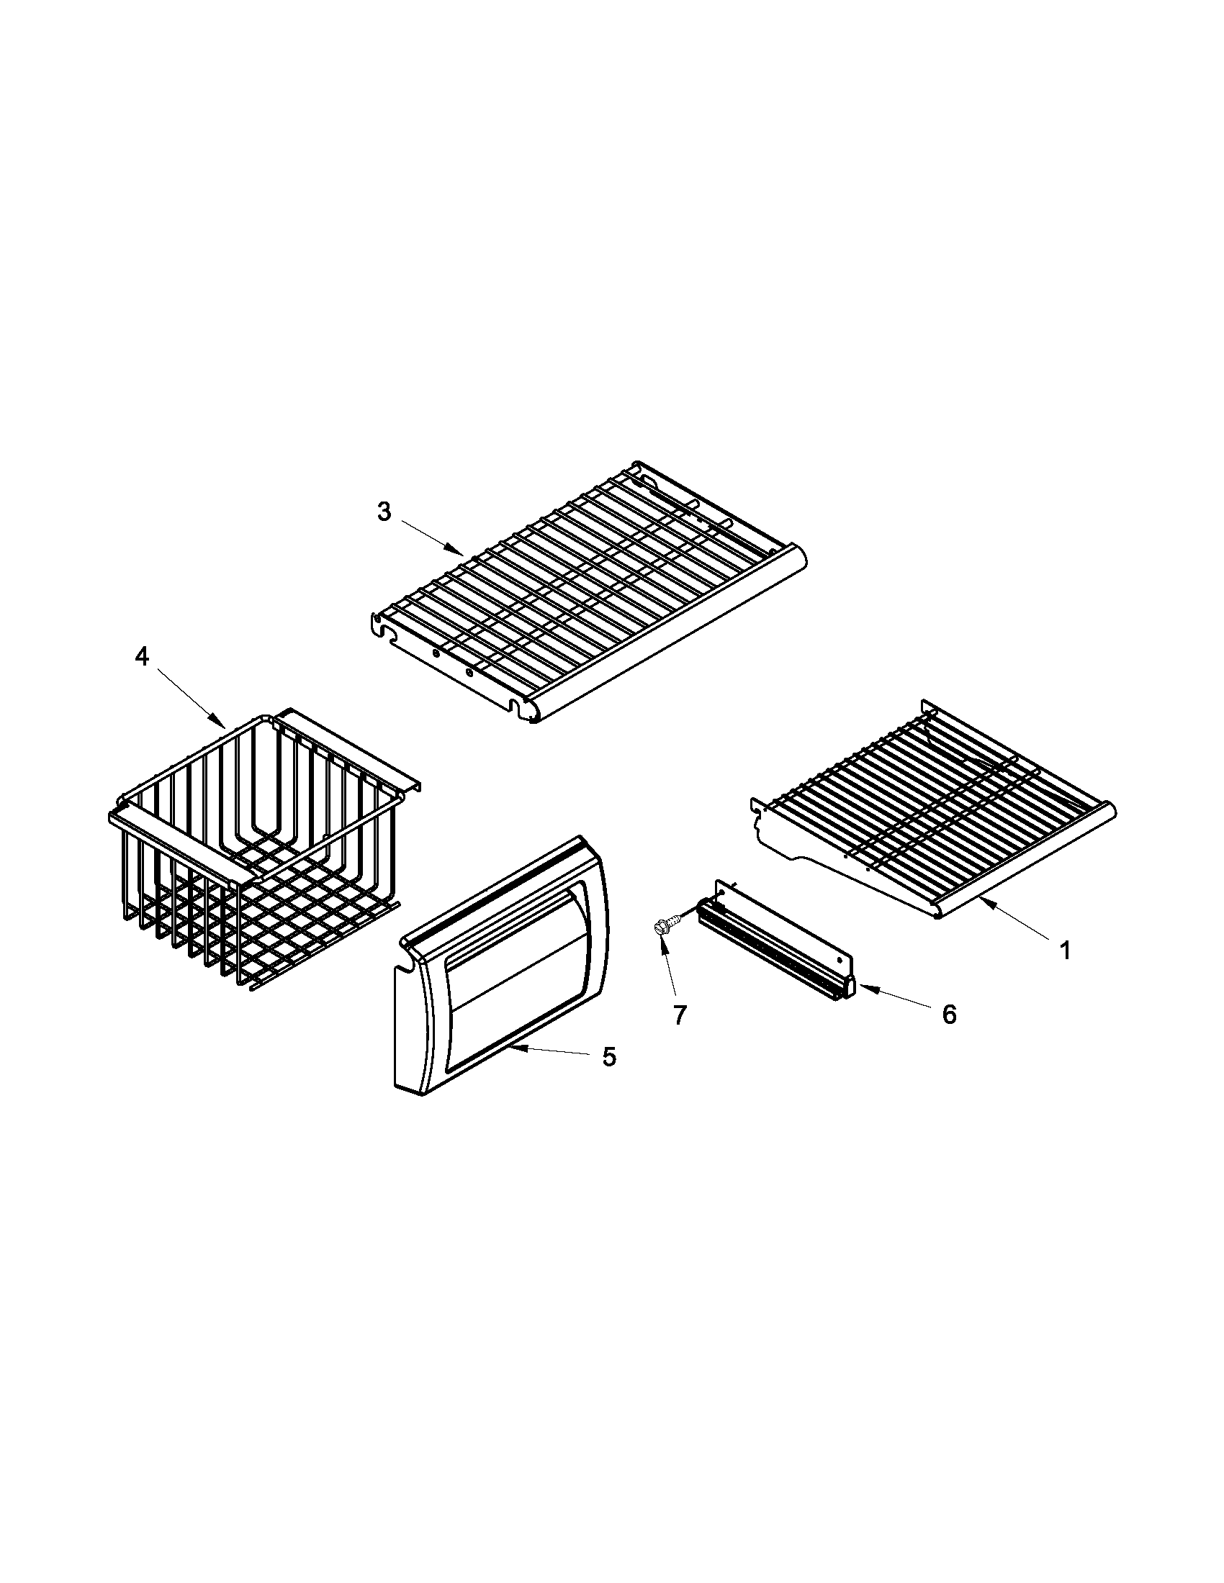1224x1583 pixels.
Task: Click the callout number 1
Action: (1064, 951)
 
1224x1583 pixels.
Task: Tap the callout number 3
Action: (384, 512)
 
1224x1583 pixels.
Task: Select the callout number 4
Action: (141, 657)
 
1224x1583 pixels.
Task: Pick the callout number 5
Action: (609, 1057)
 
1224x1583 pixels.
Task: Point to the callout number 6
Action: (949, 1014)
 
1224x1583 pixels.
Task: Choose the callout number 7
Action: (679, 1015)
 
